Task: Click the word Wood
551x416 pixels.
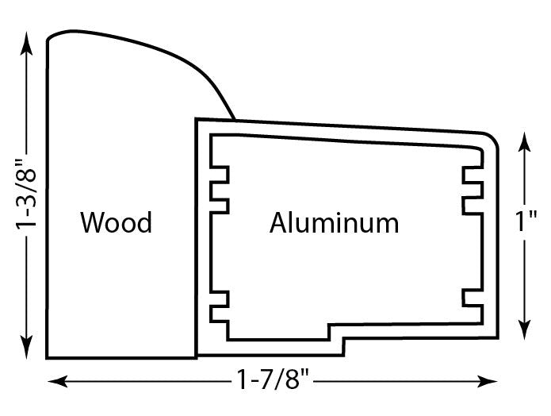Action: pos(116,223)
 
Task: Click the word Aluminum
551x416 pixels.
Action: pos(334,223)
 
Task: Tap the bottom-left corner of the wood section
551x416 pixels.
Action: pos(48,356)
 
